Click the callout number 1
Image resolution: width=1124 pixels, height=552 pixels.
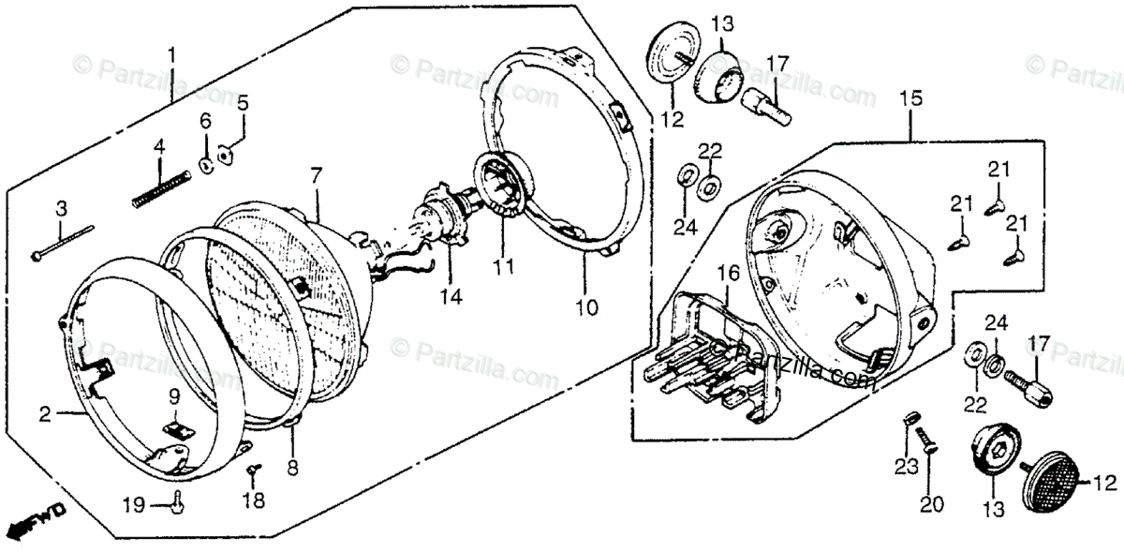(x=171, y=52)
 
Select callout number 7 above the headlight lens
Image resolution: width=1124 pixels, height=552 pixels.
(x=316, y=175)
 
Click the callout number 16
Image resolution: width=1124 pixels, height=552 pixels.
(x=728, y=274)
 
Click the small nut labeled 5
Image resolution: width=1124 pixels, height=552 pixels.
(x=224, y=154)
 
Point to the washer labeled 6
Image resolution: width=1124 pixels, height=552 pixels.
(x=205, y=166)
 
